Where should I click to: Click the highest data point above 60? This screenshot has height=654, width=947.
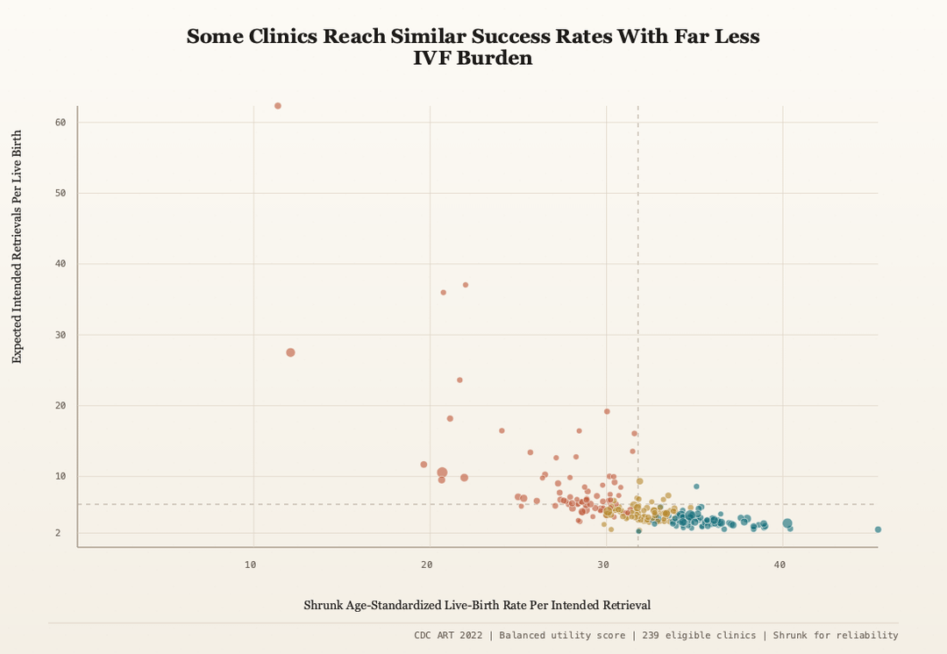tap(278, 106)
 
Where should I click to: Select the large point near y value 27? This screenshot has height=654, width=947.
tap(290, 352)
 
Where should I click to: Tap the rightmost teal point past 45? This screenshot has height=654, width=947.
tap(878, 530)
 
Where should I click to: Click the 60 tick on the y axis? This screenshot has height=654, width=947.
tap(61, 123)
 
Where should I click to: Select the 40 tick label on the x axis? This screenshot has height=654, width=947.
tap(780, 565)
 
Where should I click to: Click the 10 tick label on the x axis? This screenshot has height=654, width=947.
tap(251, 565)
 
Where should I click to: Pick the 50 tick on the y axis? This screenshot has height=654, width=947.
tap(61, 193)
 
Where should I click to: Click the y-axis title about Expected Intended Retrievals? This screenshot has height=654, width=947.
tap(17, 247)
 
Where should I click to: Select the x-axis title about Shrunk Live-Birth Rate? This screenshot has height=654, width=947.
tap(477, 605)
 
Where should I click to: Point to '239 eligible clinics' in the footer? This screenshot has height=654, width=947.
tap(698, 635)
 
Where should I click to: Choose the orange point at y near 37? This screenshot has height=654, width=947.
tap(466, 285)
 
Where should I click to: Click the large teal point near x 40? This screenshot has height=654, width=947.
tap(787, 523)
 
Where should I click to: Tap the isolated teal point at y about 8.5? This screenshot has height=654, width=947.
tap(696, 487)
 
